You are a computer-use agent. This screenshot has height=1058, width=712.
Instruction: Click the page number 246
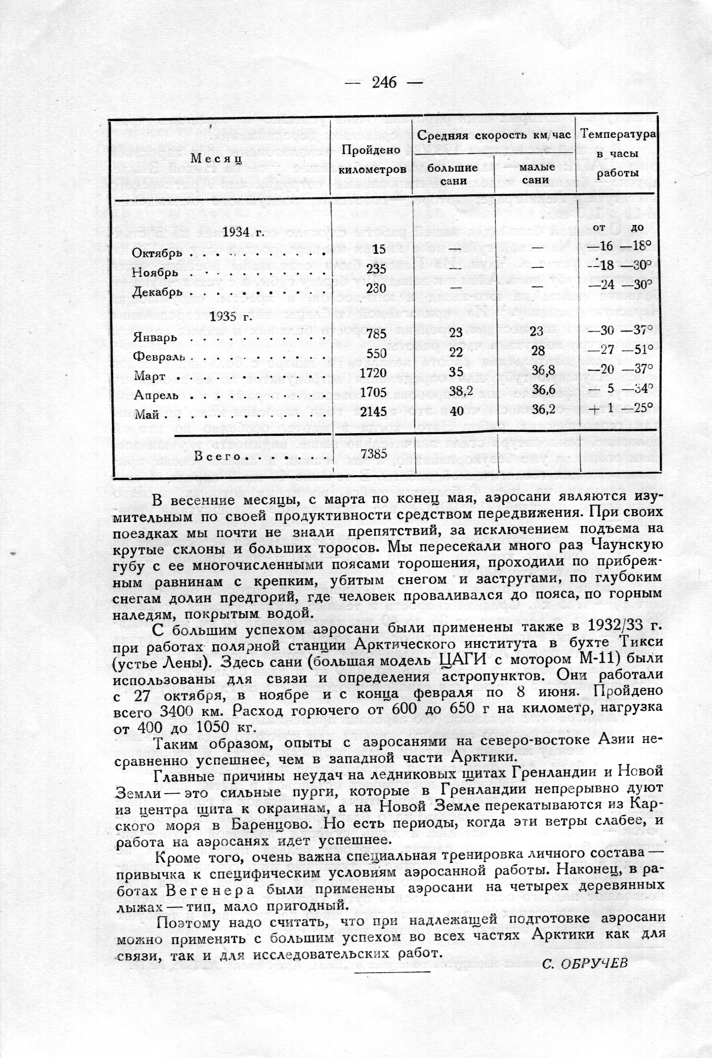pyautogui.click(x=384, y=83)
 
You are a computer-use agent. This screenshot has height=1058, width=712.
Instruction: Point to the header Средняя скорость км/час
pyautogui.click(x=494, y=135)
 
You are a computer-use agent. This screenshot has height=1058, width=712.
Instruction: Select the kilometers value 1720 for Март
pyautogui.click(x=372, y=373)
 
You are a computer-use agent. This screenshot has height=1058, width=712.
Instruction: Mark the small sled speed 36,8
pyautogui.click(x=544, y=372)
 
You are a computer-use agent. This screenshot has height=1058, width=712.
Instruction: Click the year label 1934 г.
pyautogui.click(x=243, y=233)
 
